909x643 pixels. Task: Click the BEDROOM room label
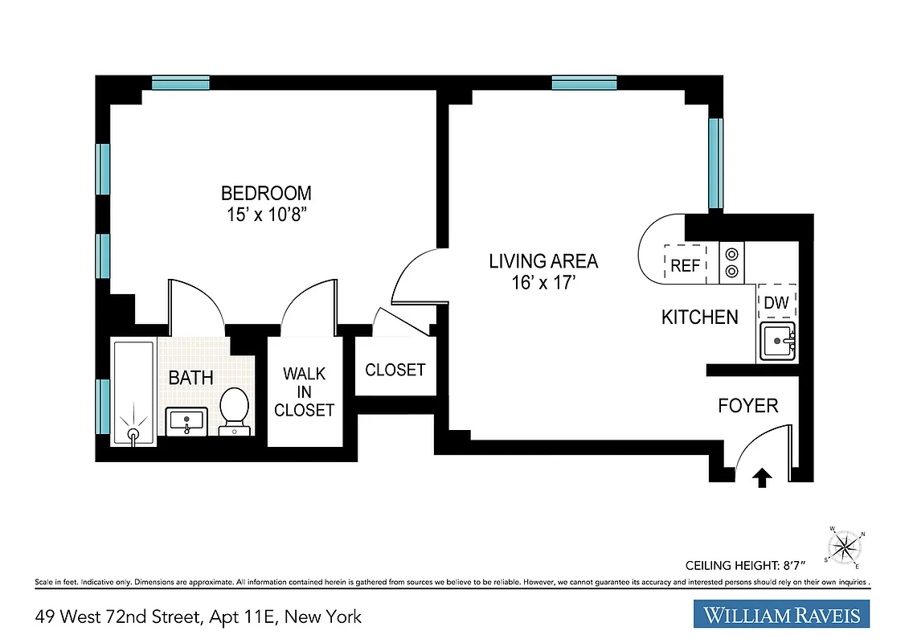(266, 193)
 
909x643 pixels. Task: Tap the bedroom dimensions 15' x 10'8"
(266, 215)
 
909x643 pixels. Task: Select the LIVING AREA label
(543, 261)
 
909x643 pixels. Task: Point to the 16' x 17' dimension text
(543, 283)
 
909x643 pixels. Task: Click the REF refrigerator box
(685, 264)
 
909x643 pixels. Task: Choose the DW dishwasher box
(776, 302)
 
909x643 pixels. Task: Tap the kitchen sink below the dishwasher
(776, 342)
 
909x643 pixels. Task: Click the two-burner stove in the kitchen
(732, 262)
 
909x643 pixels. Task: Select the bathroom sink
(187, 420)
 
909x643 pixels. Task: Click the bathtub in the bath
(133, 392)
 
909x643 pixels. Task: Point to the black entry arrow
(761, 480)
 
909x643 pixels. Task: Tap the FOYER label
(747, 406)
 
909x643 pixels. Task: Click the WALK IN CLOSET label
(304, 391)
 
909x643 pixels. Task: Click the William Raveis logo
(781, 616)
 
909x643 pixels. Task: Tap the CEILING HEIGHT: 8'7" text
(750, 564)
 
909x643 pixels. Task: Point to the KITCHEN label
(699, 317)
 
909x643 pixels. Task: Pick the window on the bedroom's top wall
(181, 83)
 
